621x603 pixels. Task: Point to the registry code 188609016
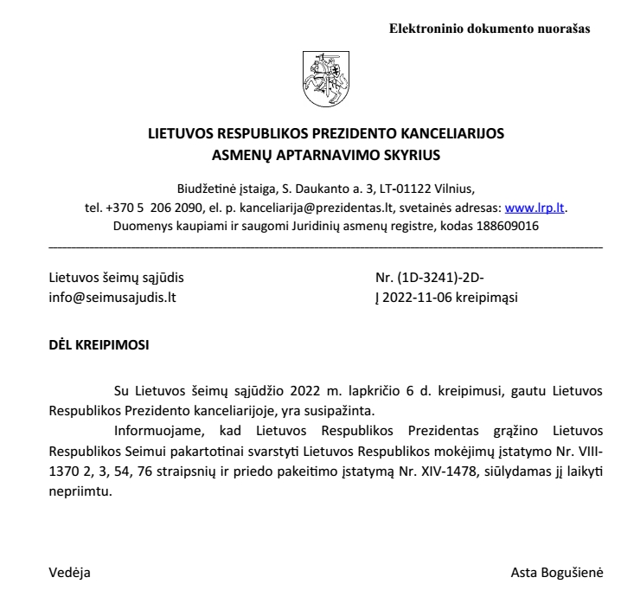506,226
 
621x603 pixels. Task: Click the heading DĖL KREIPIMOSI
99,344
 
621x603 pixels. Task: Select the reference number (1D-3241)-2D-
441,279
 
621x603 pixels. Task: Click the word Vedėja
68,573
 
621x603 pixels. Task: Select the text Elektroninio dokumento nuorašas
490,29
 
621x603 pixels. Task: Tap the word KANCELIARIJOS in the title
447,135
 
